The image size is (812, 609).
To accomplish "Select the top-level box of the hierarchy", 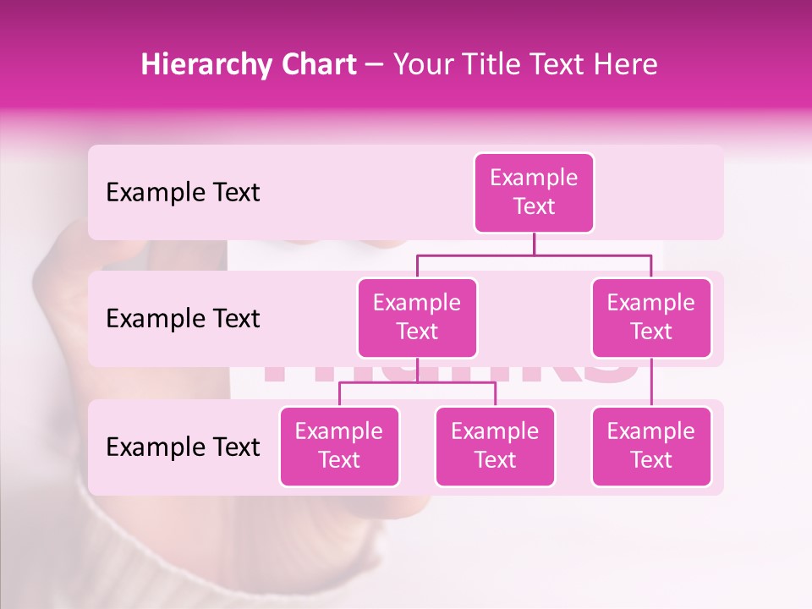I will (x=534, y=193).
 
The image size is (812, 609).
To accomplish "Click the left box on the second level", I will (x=417, y=317).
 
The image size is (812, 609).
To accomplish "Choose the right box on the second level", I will (x=651, y=317).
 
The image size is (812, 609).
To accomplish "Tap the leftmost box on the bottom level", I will (x=339, y=446).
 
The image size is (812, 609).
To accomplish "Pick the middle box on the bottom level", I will (x=495, y=446).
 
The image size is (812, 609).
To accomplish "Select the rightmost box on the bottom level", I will (x=651, y=446).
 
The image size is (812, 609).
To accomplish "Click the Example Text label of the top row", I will (x=183, y=193).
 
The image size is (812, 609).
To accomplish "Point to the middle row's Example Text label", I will (x=183, y=319).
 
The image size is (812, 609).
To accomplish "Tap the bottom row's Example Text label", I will (x=183, y=447).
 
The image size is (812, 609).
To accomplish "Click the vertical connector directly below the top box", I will (x=534, y=244).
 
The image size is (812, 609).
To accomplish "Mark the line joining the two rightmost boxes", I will (x=651, y=381).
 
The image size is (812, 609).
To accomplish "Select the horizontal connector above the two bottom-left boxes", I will (x=417, y=382).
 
